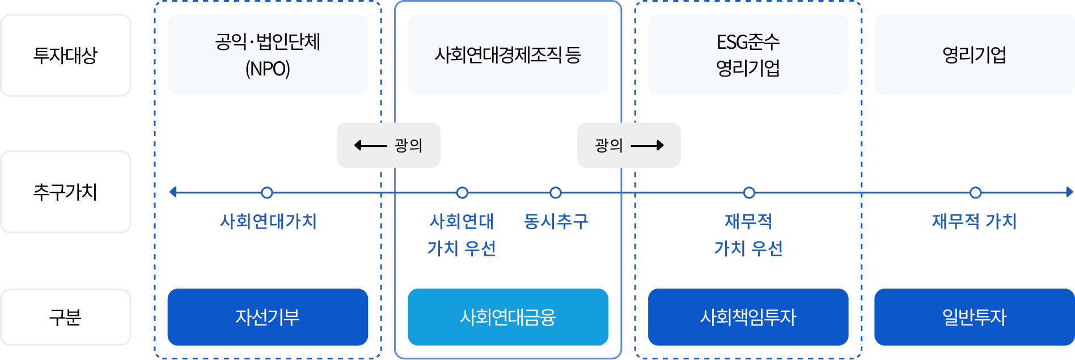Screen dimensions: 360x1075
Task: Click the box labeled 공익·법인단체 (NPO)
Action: click(x=268, y=54)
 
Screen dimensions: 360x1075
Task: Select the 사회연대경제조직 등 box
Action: click(x=507, y=54)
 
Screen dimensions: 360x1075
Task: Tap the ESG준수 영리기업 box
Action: click(x=748, y=54)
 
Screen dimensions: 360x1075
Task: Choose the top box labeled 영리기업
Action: click(x=974, y=54)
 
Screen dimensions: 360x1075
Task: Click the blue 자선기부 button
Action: click(x=268, y=317)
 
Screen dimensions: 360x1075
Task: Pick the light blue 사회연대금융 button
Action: click(x=507, y=317)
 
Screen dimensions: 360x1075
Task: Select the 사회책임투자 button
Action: click(x=748, y=317)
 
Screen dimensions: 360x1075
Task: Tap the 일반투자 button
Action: click(x=974, y=317)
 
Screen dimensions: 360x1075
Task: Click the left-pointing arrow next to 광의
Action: click(x=370, y=146)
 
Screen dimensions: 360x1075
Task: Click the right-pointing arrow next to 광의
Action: click(x=647, y=146)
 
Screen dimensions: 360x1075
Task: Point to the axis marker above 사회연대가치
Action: click(x=267, y=193)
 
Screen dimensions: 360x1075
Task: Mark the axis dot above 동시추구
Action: click(x=556, y=193)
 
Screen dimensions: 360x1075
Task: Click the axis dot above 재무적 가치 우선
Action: click(x=749, y=193)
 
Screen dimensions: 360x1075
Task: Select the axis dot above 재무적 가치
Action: click(x=975, y=193)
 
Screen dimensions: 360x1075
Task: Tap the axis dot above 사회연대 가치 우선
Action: click(x=462, y=193)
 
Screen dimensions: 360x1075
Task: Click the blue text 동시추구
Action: click(x=556, y=221)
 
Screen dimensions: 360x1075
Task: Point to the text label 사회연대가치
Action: click(x=268, y=221)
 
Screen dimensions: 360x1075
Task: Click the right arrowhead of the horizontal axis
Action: click(x=1069, y=192)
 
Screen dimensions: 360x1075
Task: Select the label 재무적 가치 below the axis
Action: click(x=974, y=221)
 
